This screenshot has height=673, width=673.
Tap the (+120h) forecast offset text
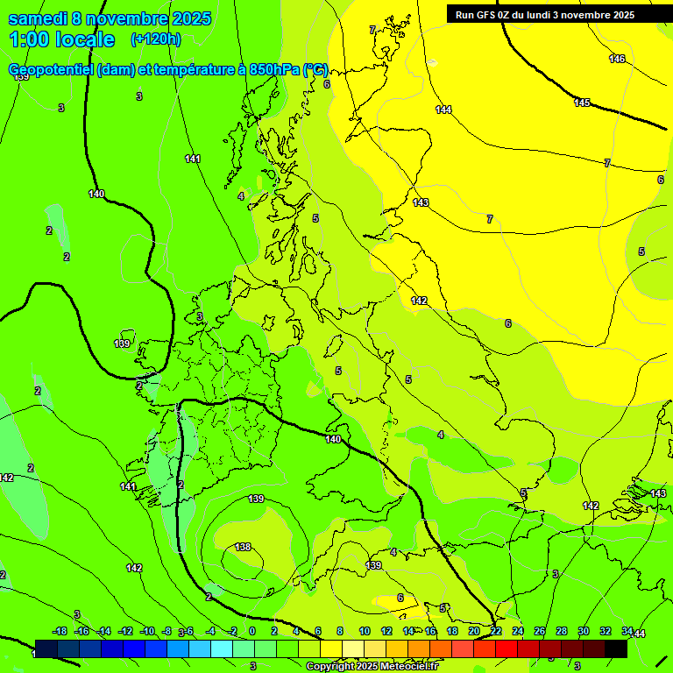(155, 39)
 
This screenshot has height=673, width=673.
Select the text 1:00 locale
(62, 39)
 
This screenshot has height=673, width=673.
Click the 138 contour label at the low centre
(243, 547)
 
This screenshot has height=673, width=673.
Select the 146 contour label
(617, 59)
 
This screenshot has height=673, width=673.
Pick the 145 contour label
(582, 103)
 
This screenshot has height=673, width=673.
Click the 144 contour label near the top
(443, 110)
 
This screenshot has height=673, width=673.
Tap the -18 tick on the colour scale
(60, 631)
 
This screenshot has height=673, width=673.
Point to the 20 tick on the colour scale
(473, 631)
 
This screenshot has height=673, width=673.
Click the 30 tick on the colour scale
(583, 631)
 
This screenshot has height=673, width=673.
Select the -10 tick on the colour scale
(146, 631)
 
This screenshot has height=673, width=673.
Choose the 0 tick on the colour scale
(252, 631)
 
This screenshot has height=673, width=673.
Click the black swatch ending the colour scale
(616, 648)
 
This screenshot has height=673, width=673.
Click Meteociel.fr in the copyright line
(409, 667)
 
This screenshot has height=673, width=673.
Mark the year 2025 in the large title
(186, 19)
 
